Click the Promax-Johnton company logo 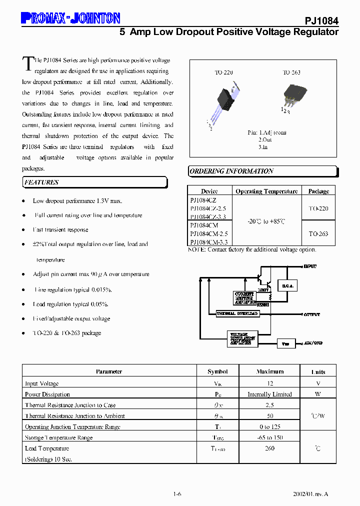[70, 18]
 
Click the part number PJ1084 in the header [321, 21]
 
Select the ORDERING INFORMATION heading [231, 171]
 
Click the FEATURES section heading [41, 182]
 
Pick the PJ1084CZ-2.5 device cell [208, 208]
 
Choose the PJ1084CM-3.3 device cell [208, 242]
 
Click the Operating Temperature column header [266, 191]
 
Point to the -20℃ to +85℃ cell [266, 221]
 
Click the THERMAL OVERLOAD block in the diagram [237, 313]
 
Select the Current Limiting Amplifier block [245, 297]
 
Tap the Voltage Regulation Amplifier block [242, 338]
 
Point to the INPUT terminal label [310, 267]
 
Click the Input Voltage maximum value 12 [269, 383]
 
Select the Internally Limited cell [269, 394]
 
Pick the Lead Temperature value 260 [269, 448]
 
